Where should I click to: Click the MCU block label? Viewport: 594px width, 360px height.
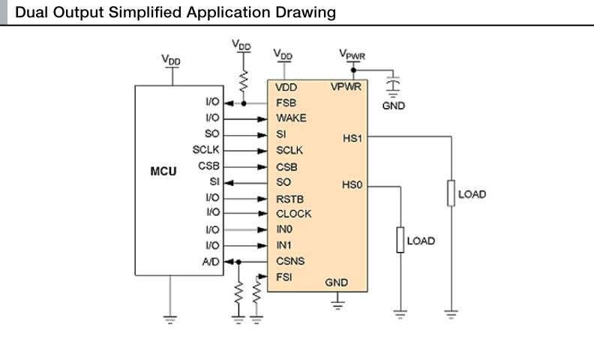[163, 172]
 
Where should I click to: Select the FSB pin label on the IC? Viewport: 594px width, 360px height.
[285, 103]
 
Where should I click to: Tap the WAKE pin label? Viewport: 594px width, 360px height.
[290, 118]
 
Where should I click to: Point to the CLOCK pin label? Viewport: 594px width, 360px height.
[293, 214]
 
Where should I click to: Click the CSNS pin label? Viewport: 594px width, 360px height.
[290, 262]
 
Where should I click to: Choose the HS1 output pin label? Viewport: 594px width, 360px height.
[352, 137]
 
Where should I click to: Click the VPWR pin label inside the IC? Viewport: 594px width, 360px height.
[346, 87]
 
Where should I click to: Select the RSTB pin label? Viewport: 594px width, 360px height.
[289, 199]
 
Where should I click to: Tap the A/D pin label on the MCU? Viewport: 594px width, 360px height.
[211, 262]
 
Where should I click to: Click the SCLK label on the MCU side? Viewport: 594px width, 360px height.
[205, 150]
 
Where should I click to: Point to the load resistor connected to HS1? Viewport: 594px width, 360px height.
[451, 193]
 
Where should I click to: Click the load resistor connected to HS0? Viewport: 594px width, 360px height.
[400, 241]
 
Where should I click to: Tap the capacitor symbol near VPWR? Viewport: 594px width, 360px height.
[392, 80]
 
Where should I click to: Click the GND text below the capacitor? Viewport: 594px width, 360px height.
[393, 106]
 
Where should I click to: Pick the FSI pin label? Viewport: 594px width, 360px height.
[284, 277]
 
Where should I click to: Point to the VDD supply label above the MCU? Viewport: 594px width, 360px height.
[171, 60]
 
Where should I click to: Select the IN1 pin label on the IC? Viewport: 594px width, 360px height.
[284, 246]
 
